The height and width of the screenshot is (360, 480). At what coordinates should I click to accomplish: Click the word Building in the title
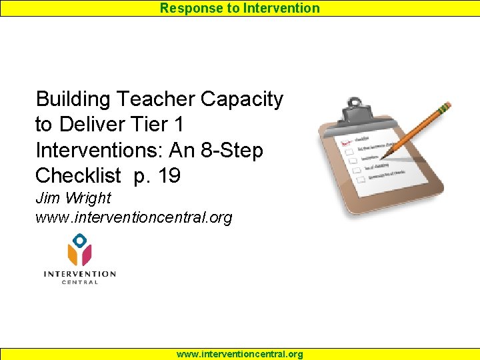point(73,100)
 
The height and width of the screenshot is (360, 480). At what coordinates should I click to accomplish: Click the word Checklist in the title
point(78,175)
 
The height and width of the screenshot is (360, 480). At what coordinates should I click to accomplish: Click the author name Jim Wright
point(73,198)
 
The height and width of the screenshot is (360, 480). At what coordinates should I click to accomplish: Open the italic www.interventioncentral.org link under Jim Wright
point(133,217)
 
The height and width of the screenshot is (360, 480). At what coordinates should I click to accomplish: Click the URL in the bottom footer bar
point(239,354)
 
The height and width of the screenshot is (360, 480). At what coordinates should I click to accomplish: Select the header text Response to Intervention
point(239,8)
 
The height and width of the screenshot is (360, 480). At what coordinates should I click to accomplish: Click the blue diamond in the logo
point(79,240)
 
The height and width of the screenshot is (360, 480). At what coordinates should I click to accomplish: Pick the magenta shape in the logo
point(85,255)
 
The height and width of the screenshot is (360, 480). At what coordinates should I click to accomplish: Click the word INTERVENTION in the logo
point(79,273)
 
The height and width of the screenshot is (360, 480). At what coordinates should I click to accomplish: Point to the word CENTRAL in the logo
point(79,282)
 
